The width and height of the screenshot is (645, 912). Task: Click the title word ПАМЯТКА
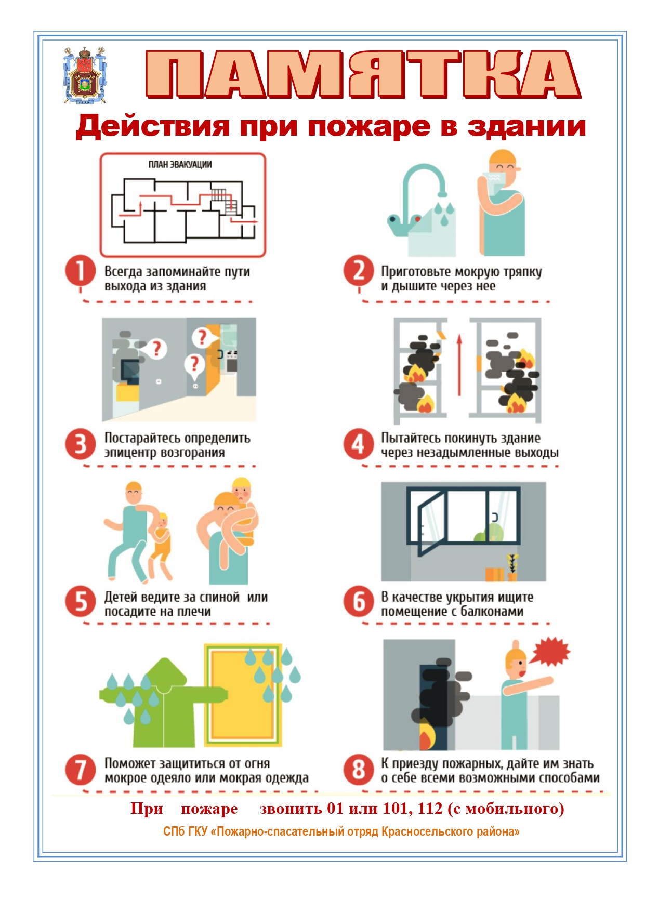[363, 74]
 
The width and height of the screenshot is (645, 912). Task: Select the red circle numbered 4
[359, 444]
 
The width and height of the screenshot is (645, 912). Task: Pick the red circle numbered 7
[81, 770]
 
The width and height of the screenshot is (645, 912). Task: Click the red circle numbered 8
[359, 770]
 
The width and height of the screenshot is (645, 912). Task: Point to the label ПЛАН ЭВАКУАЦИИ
[180, 164]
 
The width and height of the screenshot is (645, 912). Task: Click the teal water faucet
[416, 197]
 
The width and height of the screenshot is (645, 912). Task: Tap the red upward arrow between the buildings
[459, 365]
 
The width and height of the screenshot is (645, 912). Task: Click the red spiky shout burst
[551, 652]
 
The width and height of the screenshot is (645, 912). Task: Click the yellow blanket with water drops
[243, 695]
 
